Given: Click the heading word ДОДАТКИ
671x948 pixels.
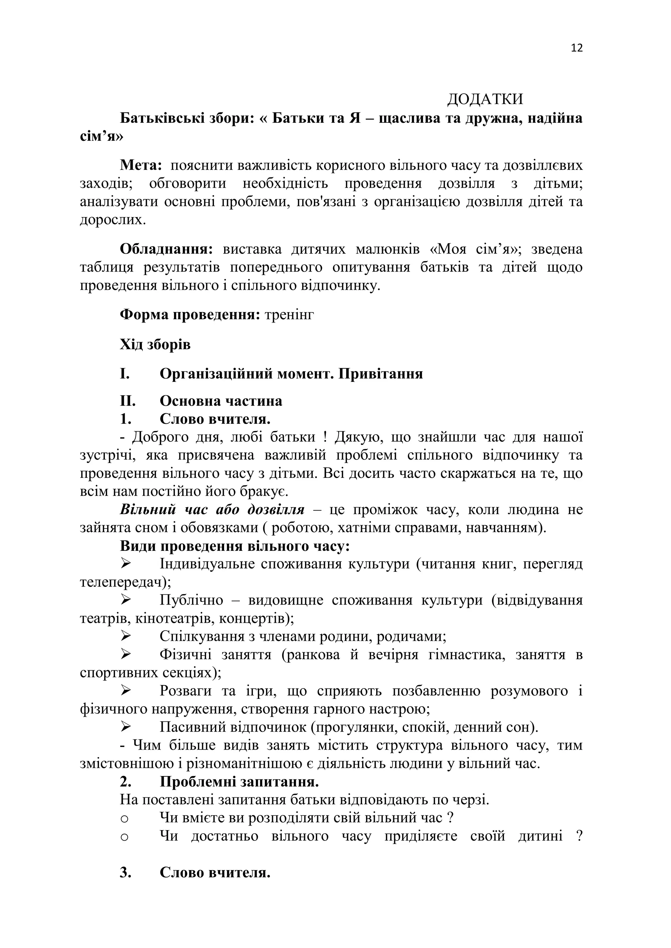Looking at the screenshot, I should pos(485,100).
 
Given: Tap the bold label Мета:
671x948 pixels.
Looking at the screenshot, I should pos(141,166).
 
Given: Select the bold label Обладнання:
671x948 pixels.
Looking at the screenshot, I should pos(166,250).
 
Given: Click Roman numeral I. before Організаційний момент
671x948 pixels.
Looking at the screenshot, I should pos(125,374).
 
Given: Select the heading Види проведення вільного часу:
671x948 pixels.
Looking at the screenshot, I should pos(235,546).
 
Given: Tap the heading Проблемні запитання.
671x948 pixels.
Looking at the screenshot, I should pos(239,782).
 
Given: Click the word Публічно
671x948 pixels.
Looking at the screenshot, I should pos(191,600).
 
